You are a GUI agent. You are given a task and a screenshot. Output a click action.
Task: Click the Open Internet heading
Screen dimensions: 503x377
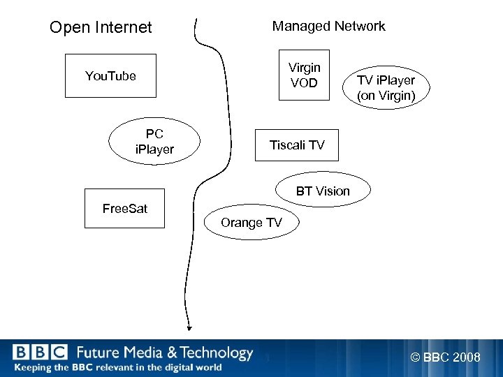point(101,28)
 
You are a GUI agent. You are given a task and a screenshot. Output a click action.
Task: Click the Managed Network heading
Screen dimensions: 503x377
point(328,27)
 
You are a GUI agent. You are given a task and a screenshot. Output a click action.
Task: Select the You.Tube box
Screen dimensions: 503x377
point(110,75)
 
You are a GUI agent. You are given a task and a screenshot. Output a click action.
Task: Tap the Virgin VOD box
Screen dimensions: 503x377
point(304,75)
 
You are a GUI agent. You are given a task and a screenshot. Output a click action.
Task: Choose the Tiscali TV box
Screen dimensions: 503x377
point(297,145)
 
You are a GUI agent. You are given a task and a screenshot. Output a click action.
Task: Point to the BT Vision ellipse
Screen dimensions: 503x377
point(323,191)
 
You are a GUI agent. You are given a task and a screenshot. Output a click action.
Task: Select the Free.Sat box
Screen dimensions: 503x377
point(125,208)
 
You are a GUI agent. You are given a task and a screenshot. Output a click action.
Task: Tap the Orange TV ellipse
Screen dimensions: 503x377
point(251,223)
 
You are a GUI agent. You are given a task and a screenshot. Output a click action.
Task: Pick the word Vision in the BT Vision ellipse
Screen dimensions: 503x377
point(333,191)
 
